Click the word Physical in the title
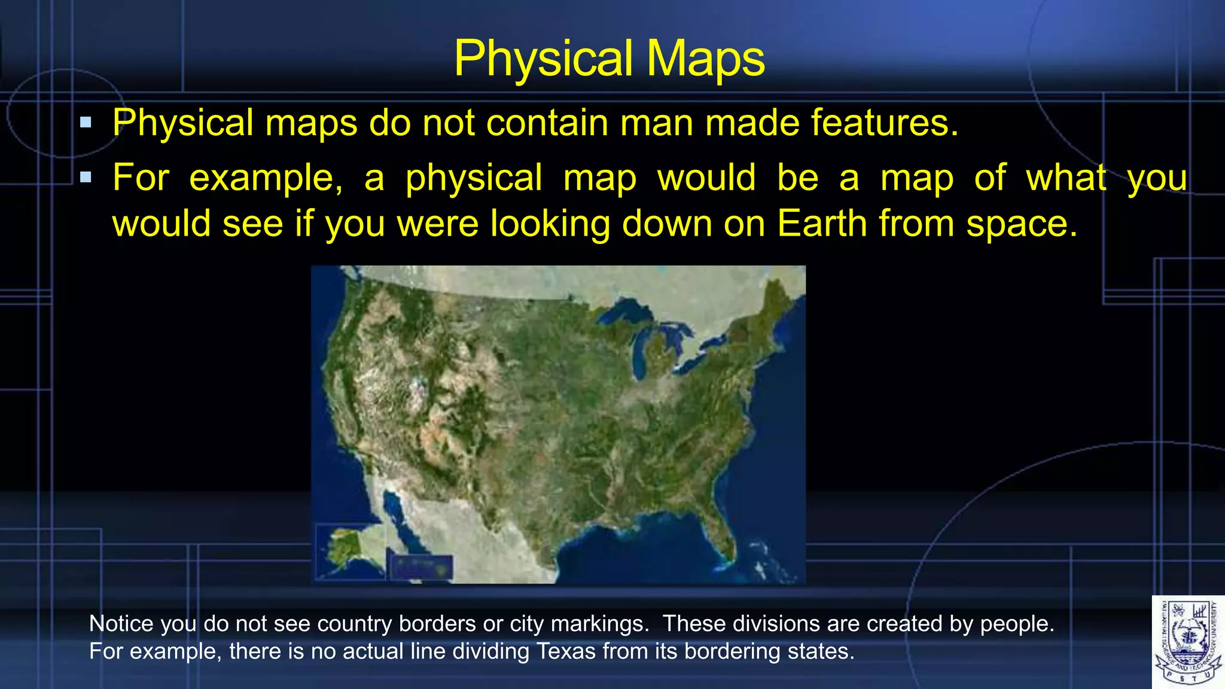[x=543, y=59]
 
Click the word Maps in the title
[x=706, y=59]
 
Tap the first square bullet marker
[x=86, y=123]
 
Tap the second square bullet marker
[x=86, y=177]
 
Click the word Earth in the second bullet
[x=822, y=224]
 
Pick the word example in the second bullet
[x=266, y=178]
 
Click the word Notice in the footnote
[x=121, y=624]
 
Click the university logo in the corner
[x=1187, y=642]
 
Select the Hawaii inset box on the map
[x=421, y=566]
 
